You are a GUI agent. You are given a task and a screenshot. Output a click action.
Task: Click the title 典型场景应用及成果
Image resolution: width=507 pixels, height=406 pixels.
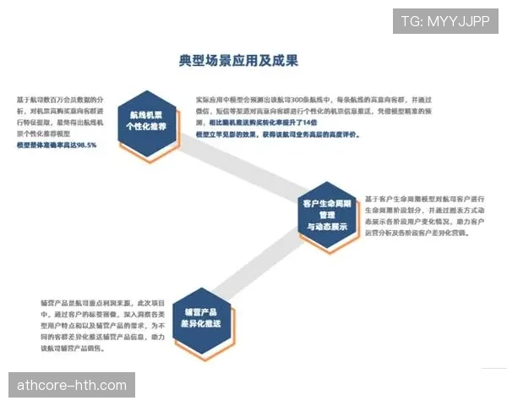point(238,61)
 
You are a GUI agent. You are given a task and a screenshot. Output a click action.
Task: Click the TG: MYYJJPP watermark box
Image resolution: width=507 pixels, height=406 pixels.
point(444,20)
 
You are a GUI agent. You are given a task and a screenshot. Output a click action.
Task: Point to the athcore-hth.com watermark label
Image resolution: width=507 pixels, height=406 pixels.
point(72,387)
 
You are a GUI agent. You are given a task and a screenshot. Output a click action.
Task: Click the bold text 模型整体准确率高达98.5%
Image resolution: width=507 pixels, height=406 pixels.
point(57,145)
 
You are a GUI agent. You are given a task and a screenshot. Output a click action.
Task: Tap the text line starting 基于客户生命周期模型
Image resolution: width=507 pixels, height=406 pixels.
point(422,198)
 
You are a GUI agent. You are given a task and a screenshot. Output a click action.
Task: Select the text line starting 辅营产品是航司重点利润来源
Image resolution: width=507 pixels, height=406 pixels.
point(97,303)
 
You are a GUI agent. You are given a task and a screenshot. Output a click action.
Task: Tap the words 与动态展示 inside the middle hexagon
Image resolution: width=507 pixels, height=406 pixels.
point(326,228)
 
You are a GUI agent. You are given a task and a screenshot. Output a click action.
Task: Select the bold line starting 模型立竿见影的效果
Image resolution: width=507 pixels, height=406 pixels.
point(271,134)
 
